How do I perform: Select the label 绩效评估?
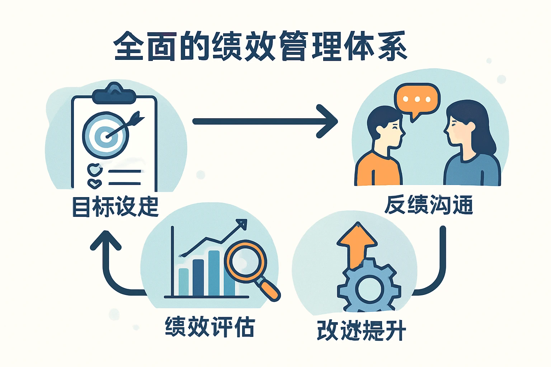click(x=210, y=327)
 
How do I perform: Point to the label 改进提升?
click(x=361, y=330)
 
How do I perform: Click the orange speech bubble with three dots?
click(x=417, y=99)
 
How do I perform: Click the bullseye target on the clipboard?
click(x=105, y=135)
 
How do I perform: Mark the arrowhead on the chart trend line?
click(x=241, y=224)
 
